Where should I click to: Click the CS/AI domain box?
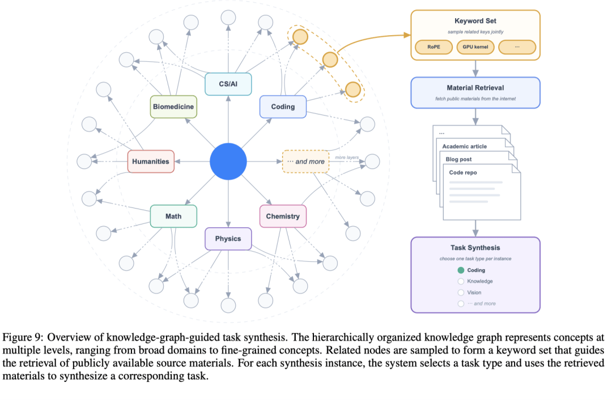228,84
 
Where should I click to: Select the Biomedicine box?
173,107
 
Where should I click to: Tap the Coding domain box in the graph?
283,107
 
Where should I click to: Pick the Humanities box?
151,161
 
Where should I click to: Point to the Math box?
173,216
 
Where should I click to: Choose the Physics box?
228,239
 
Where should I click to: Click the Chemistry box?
283,216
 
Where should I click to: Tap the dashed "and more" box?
305,161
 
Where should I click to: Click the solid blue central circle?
228,161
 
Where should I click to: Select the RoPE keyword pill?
433,47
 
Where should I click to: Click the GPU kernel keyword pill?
475,47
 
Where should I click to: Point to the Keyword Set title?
475,21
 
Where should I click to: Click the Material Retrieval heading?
475,88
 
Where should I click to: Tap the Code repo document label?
463,172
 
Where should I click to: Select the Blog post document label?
458,159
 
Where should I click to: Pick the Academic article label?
465,146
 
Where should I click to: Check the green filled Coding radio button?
461,270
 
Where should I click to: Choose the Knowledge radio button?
461,282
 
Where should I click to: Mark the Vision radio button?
461,292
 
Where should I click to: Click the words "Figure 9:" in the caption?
23,338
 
